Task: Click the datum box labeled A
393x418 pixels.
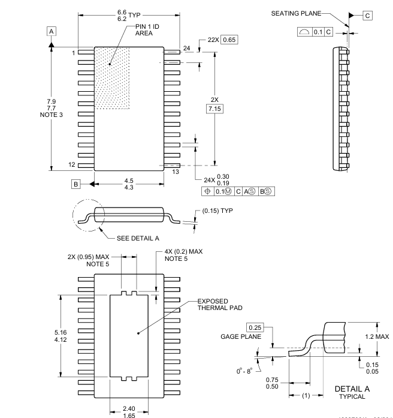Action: (52, 31)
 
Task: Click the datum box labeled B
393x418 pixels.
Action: (77, 184)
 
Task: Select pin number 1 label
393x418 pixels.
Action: (73, 53)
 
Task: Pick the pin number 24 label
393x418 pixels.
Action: (186, 47)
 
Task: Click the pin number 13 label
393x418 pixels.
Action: (176, 172)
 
